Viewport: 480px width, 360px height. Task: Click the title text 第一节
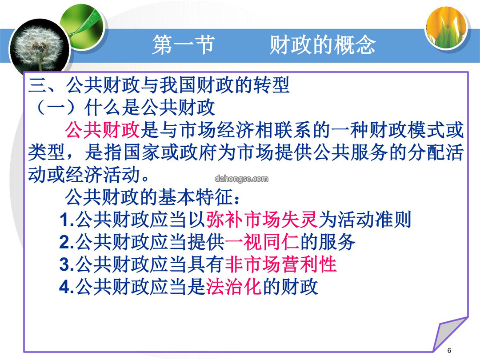(x=184, y=45)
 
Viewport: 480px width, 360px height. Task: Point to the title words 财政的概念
(x=322, y=45)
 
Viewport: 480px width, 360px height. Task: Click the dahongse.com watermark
(x=241, y=179)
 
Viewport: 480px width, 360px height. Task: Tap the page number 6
(x=449, y=350)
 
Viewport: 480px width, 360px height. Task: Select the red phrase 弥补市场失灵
(x=262, y=220)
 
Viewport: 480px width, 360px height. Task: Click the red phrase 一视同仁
(x=262, y=242)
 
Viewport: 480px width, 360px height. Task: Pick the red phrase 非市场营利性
(x=281, y=264)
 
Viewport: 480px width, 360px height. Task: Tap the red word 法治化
(x=234, y=287)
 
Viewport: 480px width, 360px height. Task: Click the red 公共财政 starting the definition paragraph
(x=103, y=130)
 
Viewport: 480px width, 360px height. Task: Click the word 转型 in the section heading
(x=271, y=85)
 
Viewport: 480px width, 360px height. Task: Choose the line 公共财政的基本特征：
(x=152, y=197)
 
